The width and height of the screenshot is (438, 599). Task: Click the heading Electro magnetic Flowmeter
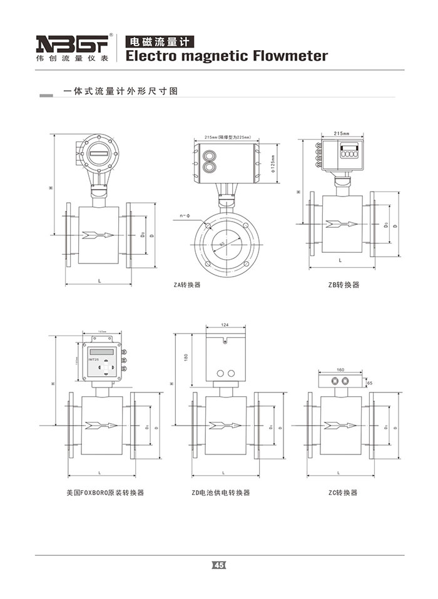(227, 56)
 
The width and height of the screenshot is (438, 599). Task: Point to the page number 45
(218, 565)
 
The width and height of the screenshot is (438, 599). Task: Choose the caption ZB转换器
(344, 285)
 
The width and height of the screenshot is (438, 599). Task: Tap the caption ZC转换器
(343, 493)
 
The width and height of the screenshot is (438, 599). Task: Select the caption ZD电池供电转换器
(221, 493)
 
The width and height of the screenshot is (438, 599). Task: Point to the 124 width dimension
(225, 324)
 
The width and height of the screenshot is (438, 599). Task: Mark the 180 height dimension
(185, 357)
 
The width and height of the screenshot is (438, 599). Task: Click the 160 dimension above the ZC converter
(340, 369)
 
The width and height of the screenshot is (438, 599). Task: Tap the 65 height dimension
(369, 382)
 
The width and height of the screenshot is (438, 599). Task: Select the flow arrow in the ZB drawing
(342, 223)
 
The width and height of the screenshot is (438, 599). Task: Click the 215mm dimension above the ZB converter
(341, 133)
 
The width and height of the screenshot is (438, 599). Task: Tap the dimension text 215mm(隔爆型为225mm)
(227, 137)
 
